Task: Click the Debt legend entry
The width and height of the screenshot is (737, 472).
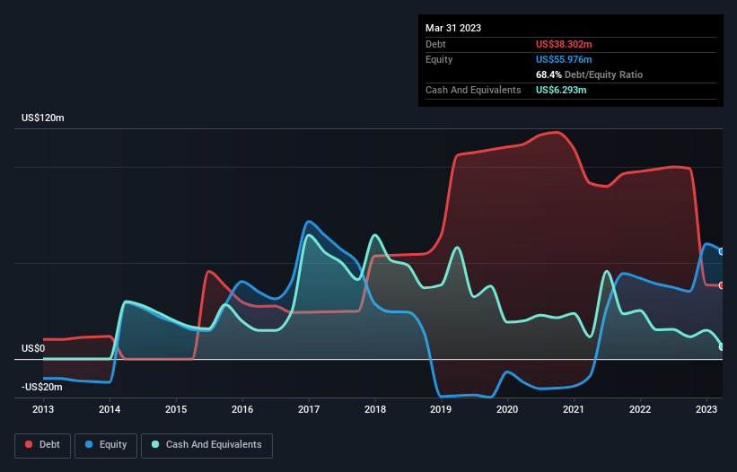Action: point(40,444)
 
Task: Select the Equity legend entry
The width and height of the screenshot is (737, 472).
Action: point(106,444)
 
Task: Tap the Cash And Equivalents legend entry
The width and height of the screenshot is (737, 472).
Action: point(206,444)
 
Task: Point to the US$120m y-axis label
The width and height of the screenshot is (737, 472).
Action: point(42,118)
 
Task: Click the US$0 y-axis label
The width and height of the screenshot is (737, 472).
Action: point(33,348)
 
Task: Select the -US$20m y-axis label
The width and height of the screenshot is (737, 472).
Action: point(42,387)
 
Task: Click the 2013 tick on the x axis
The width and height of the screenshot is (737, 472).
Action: point(43,409)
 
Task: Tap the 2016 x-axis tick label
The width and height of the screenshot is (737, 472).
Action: point(242,409)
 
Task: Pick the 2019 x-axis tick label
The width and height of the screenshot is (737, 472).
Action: point(441,409)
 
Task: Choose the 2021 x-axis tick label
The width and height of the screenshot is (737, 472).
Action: point(574,409)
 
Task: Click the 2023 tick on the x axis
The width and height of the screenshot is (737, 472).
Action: point(706,409)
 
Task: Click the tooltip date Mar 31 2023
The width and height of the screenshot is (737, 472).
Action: point(453,28)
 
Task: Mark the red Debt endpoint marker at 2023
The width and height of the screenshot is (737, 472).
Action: point(722,285)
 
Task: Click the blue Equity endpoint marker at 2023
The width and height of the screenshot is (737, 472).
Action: point(722,251)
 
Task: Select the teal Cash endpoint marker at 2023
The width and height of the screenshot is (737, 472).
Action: point(722,346)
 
